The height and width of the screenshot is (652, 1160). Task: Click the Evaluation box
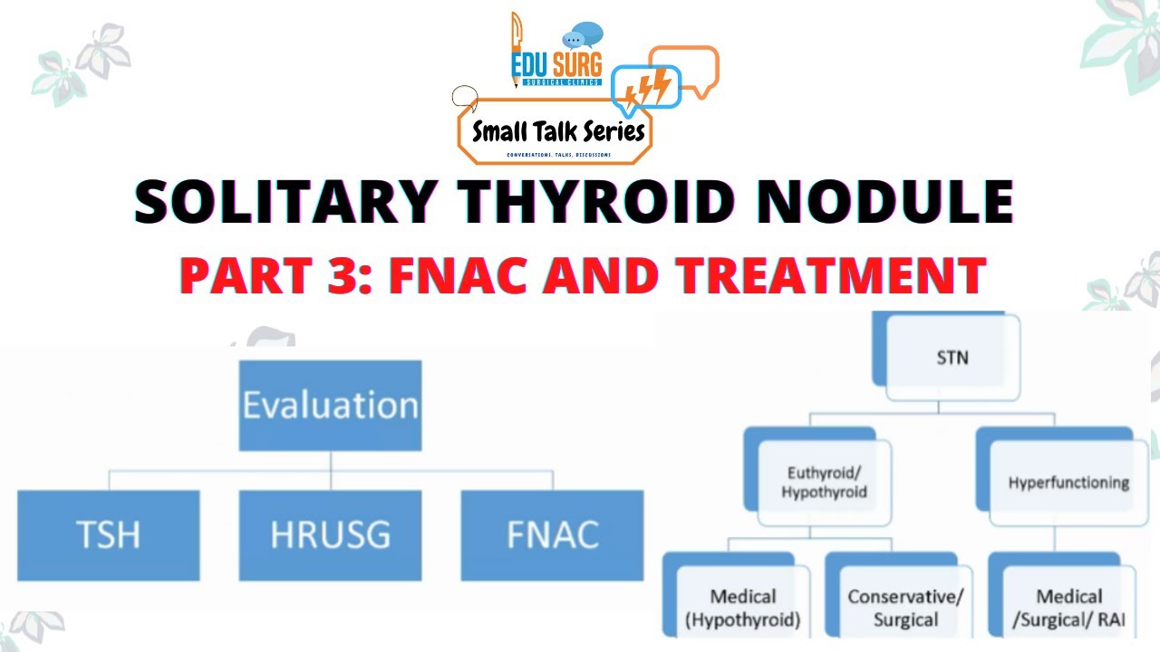coord(330,405)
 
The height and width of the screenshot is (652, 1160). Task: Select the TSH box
coord(109,534)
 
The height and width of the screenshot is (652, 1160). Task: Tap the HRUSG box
coord(330,534)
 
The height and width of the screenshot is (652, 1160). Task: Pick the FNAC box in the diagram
coord(552,534)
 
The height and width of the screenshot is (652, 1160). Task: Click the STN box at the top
coord(952,357)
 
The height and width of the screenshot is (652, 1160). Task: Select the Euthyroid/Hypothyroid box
coord(825,482)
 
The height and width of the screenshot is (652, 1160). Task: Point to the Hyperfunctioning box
coord(1068,482)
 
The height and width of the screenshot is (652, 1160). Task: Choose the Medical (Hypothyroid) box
coord(743,609)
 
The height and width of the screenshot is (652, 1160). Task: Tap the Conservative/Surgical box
coord(904,609)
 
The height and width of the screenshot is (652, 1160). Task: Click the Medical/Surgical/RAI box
coord(1068,609)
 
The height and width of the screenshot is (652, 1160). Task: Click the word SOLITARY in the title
coord(283,203)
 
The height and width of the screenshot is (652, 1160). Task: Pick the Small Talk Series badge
coord(556,132)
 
